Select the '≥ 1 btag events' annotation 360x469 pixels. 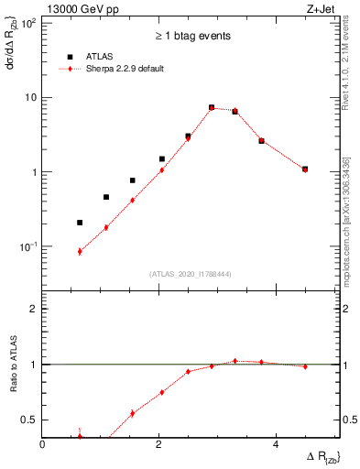click(x=192, y=36)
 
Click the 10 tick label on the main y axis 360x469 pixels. click(x=31, y=97)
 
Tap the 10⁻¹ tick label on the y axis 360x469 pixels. click(x=27, y=246)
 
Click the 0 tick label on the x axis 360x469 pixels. click(x=43, y=443)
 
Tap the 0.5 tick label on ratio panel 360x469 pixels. click(x=30, y=420)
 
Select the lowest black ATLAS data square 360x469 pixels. click(x=80, y=222)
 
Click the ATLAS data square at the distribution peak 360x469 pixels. click(x=212, y=107)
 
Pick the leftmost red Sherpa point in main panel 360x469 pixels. click(x=80, y=251)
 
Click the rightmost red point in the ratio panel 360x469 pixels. click(x=305, y=366)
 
